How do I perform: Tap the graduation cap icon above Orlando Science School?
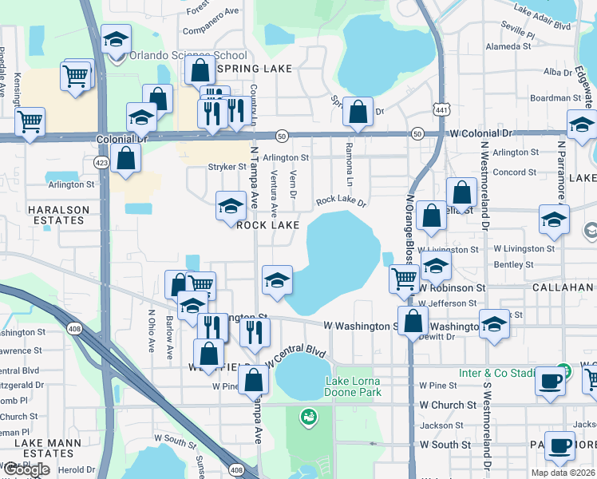pos(116,39)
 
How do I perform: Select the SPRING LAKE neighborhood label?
pos(254,69)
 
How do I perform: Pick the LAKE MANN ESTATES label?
pos(38,446)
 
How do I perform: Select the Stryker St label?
pos(227,167)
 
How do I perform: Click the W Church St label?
pos(448,405)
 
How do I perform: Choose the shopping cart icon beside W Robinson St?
pos(404,279)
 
